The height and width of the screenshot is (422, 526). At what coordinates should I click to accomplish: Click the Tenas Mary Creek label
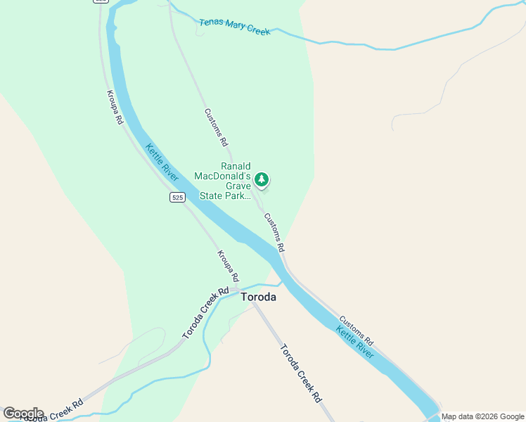234,27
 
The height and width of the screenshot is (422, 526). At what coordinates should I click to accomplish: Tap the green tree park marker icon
262,180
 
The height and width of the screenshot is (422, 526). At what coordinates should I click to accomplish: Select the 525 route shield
177,198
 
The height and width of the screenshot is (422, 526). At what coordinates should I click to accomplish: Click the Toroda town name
258,297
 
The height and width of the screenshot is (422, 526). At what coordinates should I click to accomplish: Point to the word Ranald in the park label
236,166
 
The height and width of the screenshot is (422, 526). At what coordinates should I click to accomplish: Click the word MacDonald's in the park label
223,176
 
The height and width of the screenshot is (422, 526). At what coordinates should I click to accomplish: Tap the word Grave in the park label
238,186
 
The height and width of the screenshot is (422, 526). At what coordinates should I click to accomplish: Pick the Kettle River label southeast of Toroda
354,342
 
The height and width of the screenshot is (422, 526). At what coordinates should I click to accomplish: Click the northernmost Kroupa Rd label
115,107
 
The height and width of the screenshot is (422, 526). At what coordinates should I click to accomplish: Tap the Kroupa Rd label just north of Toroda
228,266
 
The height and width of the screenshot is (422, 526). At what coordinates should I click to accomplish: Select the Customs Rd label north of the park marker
217,127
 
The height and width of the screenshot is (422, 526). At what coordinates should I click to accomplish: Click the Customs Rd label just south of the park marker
274,232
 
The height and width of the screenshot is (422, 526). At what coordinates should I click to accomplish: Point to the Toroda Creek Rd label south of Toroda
301,372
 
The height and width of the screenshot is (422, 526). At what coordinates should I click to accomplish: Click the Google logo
23,414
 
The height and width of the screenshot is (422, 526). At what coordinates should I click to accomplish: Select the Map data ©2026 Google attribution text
482,416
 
